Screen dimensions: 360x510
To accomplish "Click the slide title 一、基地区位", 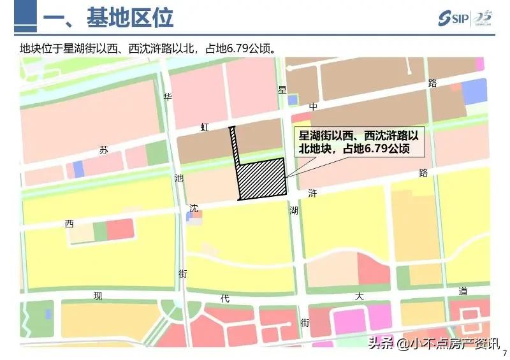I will click(108, 18).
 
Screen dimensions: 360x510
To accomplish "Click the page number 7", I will click(504, 354).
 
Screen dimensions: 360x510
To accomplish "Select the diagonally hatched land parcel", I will click(262, 179).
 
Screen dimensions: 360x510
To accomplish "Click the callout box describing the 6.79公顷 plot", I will click(359, 141).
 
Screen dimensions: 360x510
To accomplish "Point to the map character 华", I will click(168, 97).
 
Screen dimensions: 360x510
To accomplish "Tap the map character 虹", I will click(205, 127).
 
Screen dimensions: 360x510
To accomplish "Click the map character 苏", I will click(104, 150).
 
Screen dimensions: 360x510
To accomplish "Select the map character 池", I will click(178, 179).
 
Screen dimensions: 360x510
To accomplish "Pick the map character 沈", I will click(194, 208).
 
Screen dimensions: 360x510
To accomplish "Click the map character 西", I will click(69, 224).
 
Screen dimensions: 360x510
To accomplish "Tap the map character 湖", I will click(293, 210).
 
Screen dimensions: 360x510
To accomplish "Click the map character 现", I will click(98, 296).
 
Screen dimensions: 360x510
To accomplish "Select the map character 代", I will click(224, 298).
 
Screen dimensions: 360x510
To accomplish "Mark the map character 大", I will click(360, 296).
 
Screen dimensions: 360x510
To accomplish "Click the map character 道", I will click(463, 291).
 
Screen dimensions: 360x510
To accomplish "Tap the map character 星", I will click(282, 90).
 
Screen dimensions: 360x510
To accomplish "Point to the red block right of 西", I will click(120, 229).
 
